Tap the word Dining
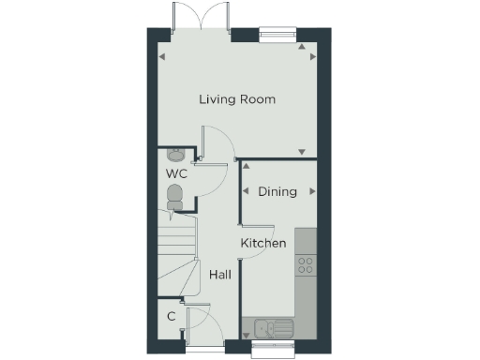[x=277, y=191]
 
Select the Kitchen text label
[x=263, y=244]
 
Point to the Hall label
[x=220, y=275]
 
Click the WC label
[x=176, y=174]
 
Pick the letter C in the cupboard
[x=172, y=316]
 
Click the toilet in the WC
[x=174, y=196]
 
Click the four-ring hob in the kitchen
[x=306, y=265]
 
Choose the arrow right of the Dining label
[x=312, y=191]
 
